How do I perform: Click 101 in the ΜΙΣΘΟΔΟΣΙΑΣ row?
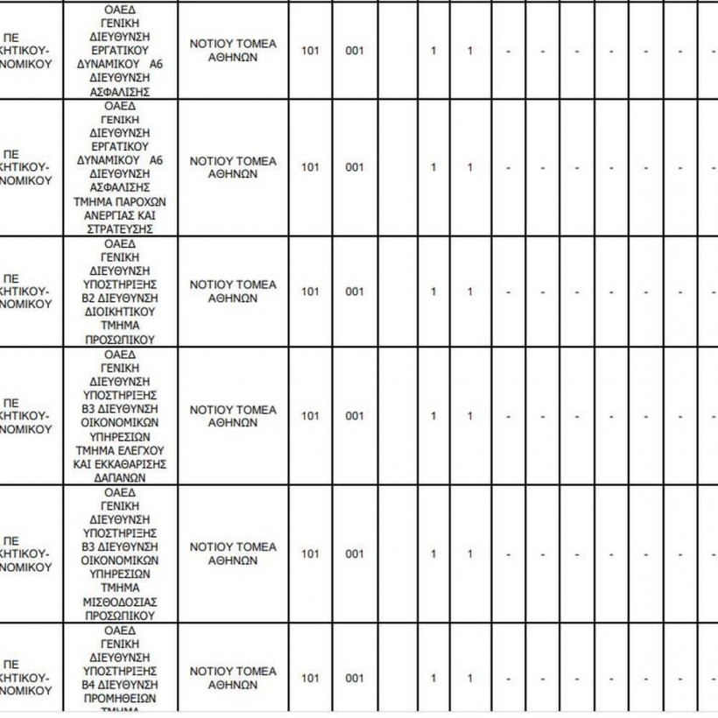pos(310,553)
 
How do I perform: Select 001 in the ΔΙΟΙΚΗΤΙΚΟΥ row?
pos(354,292)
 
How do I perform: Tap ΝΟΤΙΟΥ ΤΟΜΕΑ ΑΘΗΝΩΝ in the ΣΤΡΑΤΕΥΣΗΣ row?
pos(233,167)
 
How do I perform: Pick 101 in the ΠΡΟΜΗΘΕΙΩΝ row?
pos(310,678)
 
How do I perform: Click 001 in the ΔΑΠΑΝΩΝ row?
pos(354,416)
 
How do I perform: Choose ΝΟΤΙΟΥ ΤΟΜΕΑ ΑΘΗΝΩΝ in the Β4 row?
pos(233,678)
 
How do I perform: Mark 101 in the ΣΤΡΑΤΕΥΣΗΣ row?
pos(310,167)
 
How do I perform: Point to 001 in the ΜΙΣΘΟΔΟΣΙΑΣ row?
pos(354,553)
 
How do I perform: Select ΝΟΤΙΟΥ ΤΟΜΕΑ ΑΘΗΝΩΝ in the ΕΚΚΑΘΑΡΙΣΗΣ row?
pos(233,416)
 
